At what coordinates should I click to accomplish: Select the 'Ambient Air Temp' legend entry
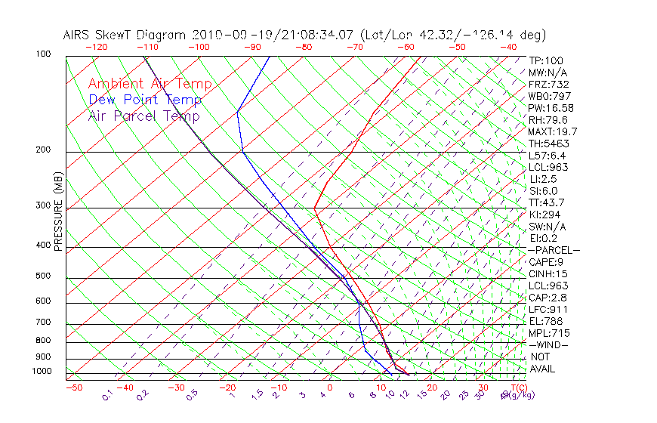click(150, 84)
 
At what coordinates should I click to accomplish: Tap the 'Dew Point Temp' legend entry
click(145, 100)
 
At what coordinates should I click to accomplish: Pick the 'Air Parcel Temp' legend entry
click(143, 116)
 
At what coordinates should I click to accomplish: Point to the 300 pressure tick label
click(42, 205)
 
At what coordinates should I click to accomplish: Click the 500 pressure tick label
click(42, 276)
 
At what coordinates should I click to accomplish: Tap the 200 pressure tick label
click(42, 150)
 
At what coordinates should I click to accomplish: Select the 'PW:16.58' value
click(551, 108)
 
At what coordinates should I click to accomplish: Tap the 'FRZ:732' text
click(549, 84)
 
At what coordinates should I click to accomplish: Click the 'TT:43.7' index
click(547, 202)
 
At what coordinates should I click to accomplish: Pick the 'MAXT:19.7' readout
click(554, 131)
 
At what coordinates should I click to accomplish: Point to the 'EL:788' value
click(545, 321)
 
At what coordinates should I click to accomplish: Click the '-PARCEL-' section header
click(554, 250)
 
